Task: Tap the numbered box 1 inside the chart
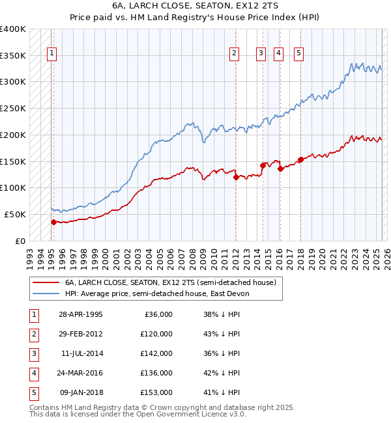pos(51,54)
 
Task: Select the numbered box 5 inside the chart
pos(298,54)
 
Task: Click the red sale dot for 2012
pos(236,176)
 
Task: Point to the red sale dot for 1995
pos(53,221)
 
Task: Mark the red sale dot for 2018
pos(300,159)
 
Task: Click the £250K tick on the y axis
pos(13,108)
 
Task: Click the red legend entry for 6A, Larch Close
pos(171,282)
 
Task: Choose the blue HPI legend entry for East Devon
pos(156,293)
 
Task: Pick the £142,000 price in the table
pos(156,353)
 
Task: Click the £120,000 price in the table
pos(156,334)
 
